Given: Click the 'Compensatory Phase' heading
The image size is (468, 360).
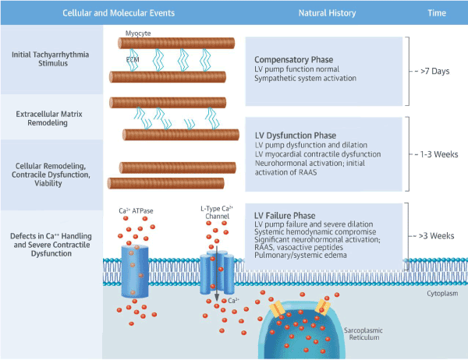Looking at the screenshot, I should [x=292, y=59].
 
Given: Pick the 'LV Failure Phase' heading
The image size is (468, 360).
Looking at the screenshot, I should [x=286, y=216].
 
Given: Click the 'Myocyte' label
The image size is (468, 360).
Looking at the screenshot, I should [x=138, y=35].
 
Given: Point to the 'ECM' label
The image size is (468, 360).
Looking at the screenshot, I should [x=133, y=58].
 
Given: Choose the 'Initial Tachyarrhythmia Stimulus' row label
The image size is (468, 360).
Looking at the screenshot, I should [x=51, y=58].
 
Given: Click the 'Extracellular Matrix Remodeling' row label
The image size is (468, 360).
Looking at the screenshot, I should [x=51, y=119].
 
